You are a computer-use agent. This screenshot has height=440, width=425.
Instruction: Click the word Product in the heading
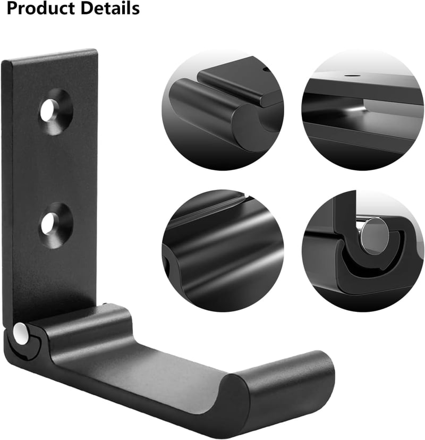coord(41,9)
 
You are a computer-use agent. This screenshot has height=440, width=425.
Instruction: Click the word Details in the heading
coord(110,8)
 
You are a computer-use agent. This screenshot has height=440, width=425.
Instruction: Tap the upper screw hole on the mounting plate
coord(56,112)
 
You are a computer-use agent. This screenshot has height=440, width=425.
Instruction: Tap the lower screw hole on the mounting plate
coord(56,225)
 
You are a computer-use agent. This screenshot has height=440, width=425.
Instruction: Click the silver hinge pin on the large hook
coord(20,333)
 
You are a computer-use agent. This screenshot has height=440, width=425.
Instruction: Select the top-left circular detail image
coord(223,111)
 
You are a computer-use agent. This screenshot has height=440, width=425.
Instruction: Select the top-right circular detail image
coord(362,111)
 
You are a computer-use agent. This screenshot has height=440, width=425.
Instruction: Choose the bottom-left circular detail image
coord(223,251)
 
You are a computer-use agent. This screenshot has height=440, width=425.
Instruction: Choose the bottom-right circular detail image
coord(362,251)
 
